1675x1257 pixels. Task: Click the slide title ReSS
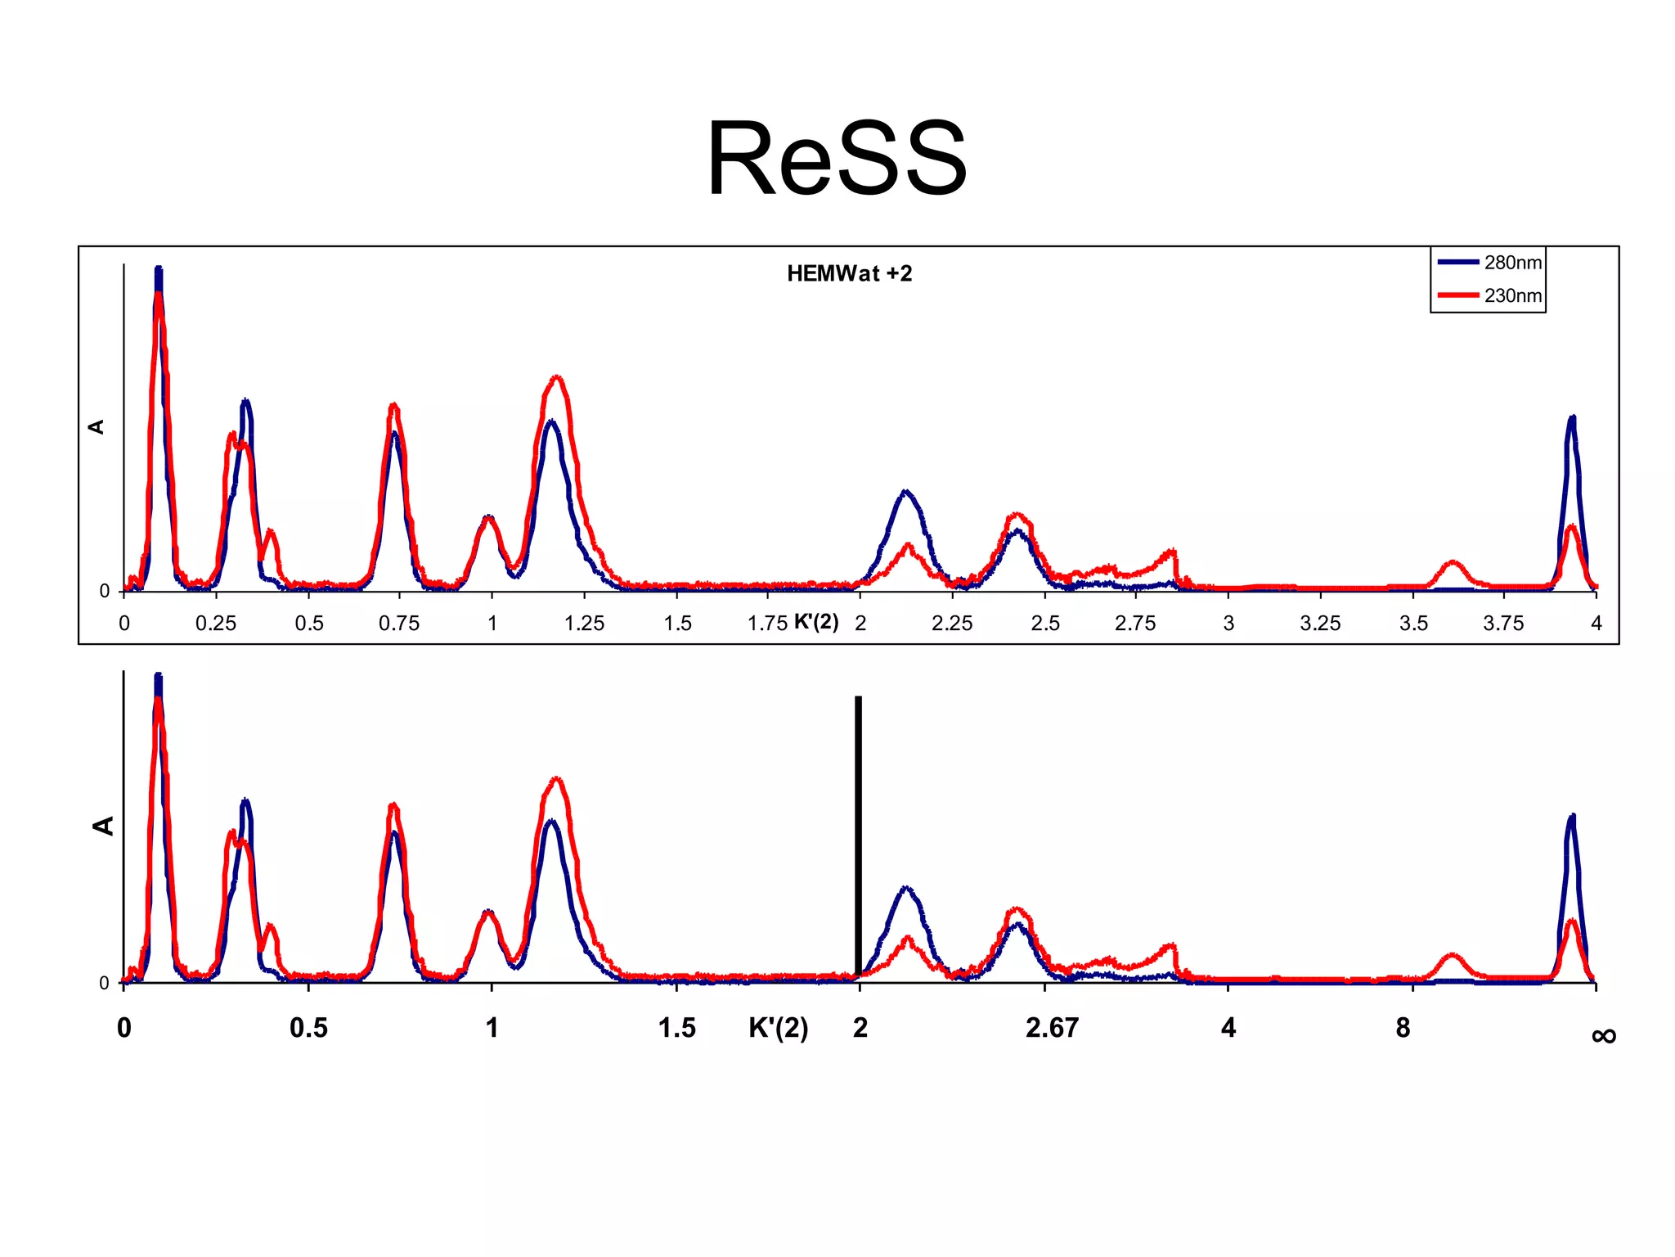coord(836,158)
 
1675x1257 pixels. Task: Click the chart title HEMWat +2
coord(849,273)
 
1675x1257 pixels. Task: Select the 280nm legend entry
coord(1512,263)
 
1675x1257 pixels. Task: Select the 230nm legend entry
coord(1512,295)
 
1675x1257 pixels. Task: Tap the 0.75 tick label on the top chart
coord(399,624)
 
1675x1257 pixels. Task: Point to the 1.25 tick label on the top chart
coord(584,624)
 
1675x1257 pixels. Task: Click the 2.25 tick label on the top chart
coord(952,624)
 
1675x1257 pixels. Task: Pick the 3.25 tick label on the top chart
coord(1320,624)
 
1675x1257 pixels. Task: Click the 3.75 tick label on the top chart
coord(1503,624)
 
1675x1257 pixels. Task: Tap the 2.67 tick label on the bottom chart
coord(1052,1028)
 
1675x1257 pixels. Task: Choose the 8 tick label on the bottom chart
coord(1403,1028)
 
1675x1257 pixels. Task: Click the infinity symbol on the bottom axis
coord(1604,1036)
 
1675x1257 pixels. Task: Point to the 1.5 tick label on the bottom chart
coord(676,1028)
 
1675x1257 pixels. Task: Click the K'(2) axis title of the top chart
coord(816,622)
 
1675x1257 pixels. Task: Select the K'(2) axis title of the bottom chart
coord(778,1028)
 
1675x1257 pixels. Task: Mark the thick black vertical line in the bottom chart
coord(858,835)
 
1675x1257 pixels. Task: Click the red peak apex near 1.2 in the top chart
coord(557,377)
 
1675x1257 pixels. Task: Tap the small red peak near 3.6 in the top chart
coord(1453,562)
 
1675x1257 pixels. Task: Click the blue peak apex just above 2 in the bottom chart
coord(905,888)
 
